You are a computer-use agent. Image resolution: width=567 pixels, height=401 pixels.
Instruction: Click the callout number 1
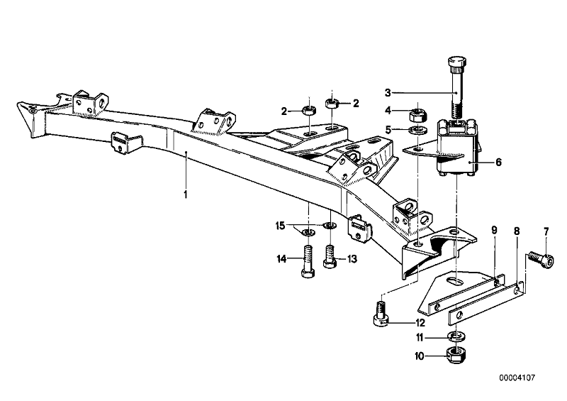click(x=186, y=194)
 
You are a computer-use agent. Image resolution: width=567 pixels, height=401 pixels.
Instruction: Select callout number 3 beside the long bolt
click(x=388, y=92)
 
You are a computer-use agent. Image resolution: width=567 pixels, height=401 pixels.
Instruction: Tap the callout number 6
click(x=499, y=162)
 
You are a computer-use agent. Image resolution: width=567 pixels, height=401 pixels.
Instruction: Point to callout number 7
click(x=546, y=231)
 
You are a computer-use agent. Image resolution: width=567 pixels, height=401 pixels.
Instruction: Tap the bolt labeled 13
click(x=329, y=257)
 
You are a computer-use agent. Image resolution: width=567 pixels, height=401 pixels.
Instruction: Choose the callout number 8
click(x=517, y=231)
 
